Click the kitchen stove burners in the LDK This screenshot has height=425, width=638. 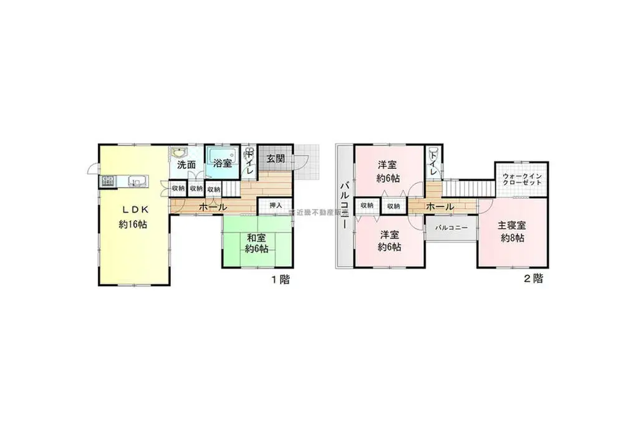click(107, 182)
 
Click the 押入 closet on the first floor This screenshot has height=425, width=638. click(276, 205)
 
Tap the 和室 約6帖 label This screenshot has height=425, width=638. click(256, 243)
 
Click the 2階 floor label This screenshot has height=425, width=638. click(533, 279)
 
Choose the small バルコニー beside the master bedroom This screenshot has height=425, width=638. click(451, 229)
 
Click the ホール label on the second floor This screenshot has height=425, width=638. click(440, 206)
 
